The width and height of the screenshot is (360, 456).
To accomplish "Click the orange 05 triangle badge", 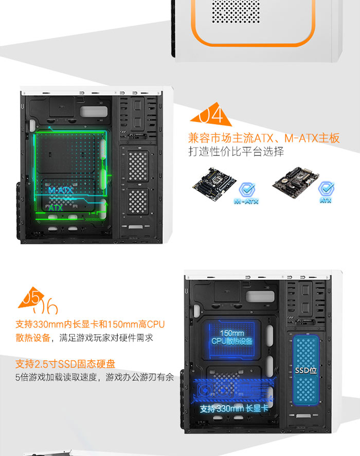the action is (31, 299).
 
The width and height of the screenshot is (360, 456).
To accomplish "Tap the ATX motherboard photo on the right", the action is (296, 182).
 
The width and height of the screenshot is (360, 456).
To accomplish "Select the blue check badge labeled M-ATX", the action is (246, 194).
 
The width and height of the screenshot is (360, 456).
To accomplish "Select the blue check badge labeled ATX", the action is (326, 192).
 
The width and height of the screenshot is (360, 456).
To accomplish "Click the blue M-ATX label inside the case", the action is (61, 190).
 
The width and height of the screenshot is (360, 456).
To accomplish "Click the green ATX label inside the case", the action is (56, 207).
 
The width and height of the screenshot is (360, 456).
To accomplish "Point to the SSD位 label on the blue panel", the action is (305, 371).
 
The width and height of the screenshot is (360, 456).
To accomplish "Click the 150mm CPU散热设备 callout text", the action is (231, 337).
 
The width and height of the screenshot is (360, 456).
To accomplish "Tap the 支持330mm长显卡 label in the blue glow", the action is (234, 409).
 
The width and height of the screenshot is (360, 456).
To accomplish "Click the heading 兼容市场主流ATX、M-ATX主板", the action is (264, 138).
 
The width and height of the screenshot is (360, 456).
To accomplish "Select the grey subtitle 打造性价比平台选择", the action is (236, 151).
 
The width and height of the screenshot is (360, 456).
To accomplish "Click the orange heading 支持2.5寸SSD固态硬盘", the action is (65, 364).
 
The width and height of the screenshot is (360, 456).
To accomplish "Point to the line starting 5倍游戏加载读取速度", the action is (95, 377).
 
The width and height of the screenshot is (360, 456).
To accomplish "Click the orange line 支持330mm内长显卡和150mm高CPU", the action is (90, 324).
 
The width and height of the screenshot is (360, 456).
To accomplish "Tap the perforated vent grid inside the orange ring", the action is (236, 11).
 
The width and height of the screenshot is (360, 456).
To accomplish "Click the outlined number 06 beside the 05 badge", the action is (46, 306).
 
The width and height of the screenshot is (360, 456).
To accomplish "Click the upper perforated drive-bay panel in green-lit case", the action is (138, 166).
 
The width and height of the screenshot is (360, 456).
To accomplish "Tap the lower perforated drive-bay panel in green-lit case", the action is (138, 201).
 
